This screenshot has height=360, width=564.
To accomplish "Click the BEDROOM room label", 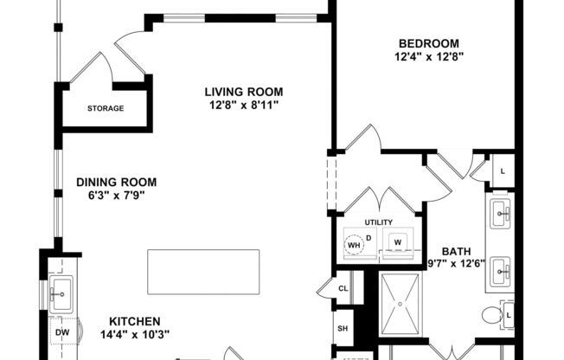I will [x=428, y=43].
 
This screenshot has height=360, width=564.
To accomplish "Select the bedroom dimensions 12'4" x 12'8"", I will [x=428, y=57].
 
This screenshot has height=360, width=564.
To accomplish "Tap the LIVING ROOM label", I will [x=244, y=92].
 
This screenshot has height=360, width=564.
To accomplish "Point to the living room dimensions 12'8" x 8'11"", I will [x=244, y=106].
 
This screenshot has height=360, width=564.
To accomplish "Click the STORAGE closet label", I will [x=105, y=109].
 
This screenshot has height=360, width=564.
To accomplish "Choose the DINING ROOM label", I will [x=116, y=182].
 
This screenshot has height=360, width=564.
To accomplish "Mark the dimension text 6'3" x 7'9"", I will [x=116, y=196].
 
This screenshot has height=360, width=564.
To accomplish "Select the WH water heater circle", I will [x=353, y=244].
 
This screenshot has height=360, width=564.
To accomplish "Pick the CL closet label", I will [x=343, y=288].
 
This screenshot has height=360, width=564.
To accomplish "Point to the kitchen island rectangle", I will [x=203, y=272].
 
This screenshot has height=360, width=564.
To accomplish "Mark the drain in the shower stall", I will [x=401, y=304].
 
